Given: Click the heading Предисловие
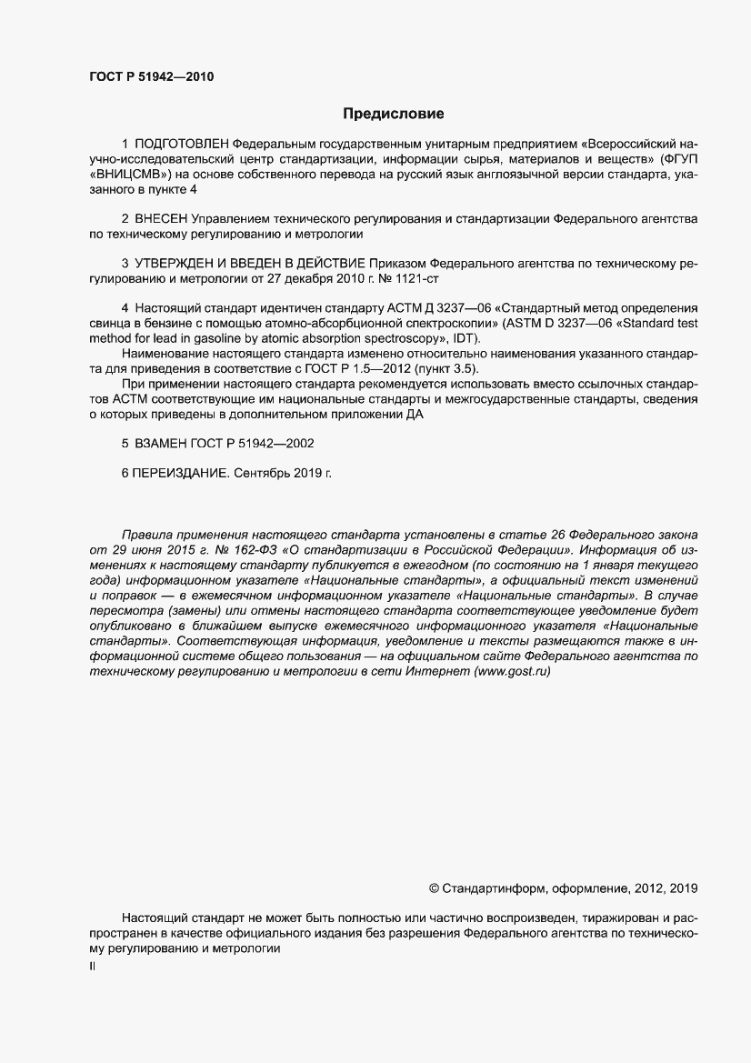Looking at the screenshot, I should click(x=393, y=114).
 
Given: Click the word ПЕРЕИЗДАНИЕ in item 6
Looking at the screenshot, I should click(x=175, y=473).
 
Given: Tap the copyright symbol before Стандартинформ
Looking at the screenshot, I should click(x=433, y=888).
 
